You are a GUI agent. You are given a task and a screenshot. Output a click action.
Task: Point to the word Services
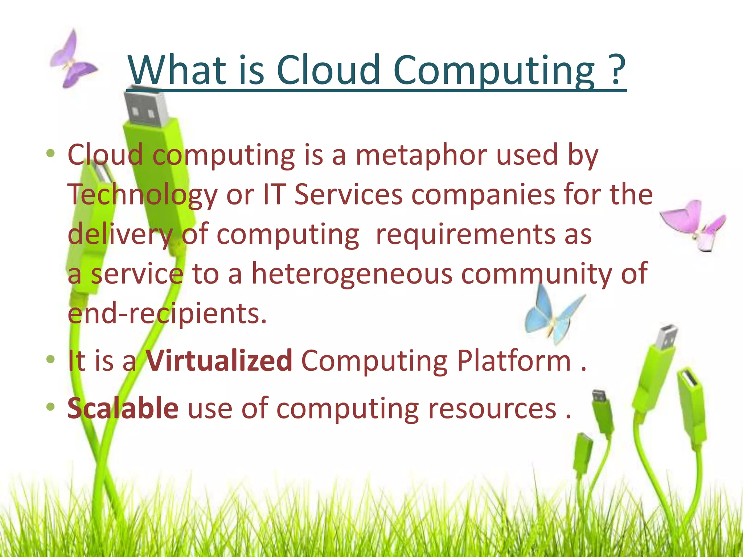[x=348, y=195]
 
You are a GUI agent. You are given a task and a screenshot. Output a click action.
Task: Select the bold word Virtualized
[x=219, y=360]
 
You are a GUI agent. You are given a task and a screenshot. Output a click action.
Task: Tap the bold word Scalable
[x=123, y=408]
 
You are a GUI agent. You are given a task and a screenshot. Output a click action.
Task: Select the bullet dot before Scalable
[x=50, y=407]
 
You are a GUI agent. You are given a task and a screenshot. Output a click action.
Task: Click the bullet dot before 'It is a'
[x=50, y=359]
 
